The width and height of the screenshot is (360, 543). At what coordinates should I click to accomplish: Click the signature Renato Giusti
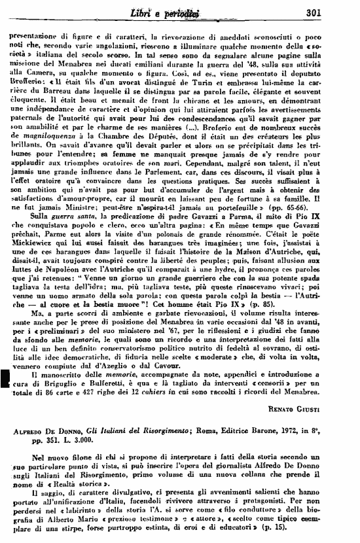pos(320,408)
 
